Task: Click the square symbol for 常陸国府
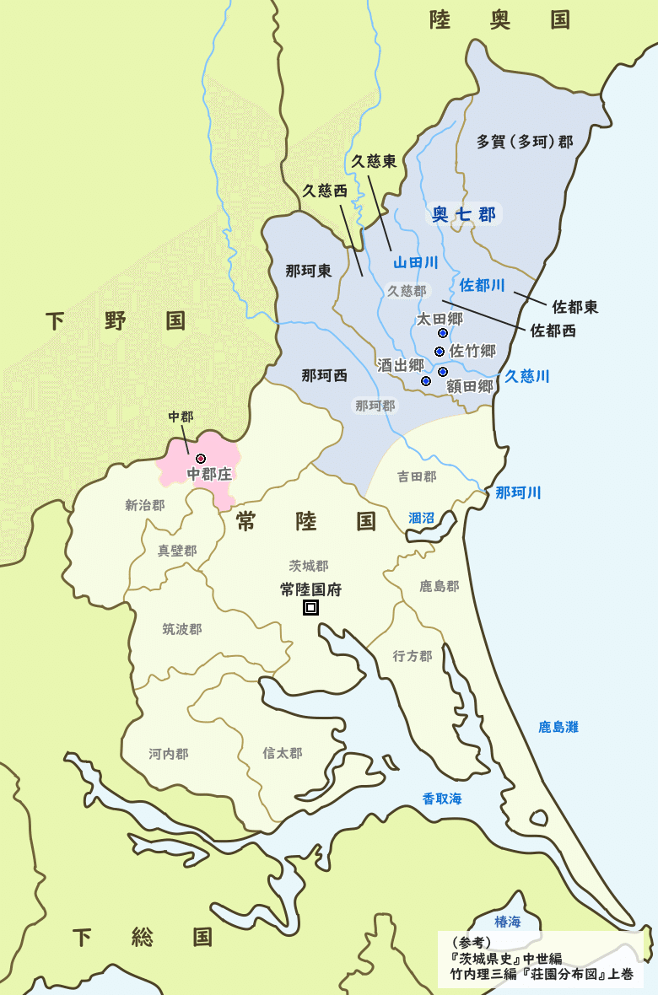(310, 607)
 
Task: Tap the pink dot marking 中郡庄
(201, 458)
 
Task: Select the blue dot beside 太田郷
(443, 333)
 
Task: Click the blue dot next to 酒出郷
(426, 381)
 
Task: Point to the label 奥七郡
(464, 214)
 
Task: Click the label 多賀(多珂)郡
(524, 141)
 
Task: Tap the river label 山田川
(416, 264)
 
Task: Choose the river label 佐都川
(483, 285)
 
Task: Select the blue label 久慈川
(527, 376)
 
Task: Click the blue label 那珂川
(518, 492)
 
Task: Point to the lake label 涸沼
(422, 518)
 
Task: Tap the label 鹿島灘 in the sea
(558, 726)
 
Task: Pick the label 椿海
(509, 920)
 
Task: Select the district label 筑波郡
(182, 629)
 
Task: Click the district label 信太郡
(282, 753)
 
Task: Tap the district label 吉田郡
(417, 476)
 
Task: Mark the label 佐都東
(575, 307)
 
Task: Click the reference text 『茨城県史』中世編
(506, 959)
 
